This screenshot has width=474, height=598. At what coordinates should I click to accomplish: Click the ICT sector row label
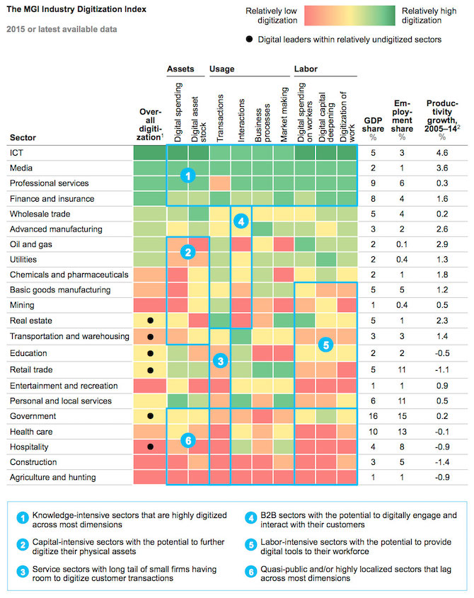[x=16, y=151]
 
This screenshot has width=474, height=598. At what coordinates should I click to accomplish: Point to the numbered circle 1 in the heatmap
[x=186, y=176]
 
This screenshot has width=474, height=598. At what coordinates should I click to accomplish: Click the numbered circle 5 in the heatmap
[x=325, y=345]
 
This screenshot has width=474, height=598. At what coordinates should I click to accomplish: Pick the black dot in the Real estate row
[x=150, y=321]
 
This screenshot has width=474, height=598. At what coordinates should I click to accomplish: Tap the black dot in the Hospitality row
[x=150, y=447]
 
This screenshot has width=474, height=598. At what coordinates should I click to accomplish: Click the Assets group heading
[x=180, y=69]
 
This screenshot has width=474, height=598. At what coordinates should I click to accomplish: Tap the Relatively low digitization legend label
[x=271, y=16]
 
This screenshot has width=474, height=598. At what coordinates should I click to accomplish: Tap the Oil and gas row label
[x=29, y=243]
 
